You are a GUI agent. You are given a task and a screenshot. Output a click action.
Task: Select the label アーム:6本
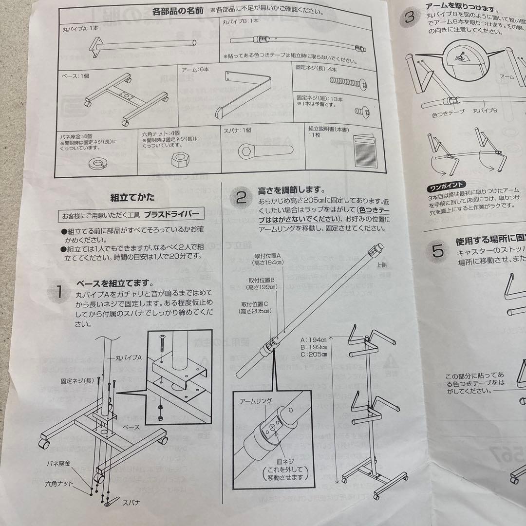tap(196, 70)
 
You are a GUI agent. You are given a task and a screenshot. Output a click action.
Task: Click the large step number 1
tap(58, 292)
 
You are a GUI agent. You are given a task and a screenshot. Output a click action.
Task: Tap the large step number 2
tap(242, 198)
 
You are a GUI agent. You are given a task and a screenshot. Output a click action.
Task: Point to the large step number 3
tap(410, 17)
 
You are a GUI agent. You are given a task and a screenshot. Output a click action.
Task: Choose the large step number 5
tap(438, 251)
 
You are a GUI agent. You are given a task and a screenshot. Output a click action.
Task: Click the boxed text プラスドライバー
tap(171, 215)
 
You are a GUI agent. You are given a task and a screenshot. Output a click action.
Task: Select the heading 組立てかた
tap(132, 197)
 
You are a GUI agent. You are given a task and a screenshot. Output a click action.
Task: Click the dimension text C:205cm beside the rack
tap(314, 354)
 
